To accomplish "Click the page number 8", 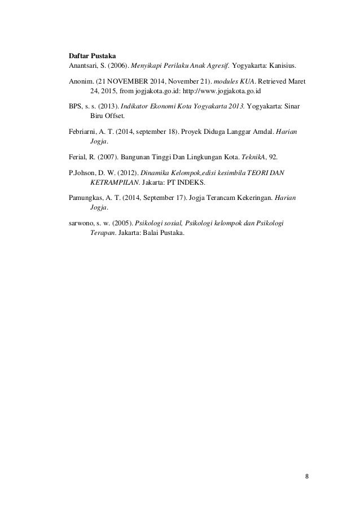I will click(x=306, y=475).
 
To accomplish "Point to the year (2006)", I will click(x=118, y=66).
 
